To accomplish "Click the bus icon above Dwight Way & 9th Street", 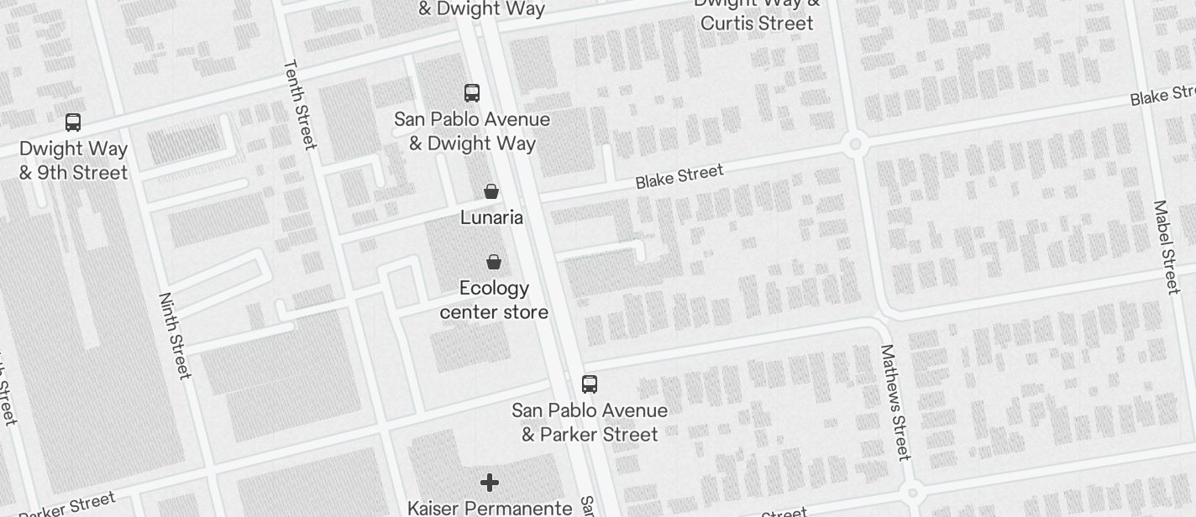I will pyautogui.click(x=73, y=123).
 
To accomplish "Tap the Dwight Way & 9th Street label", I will pyautogui.click(x=74, y=161).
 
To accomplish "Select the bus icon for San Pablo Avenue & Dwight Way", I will pyautogui.click(x=472, y=93).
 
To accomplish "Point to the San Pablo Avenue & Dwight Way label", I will pyautogui.click(x=472, y=132).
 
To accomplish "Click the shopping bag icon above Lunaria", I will pyautogui.click(x=491, y=191).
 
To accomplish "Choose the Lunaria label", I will pyautogui.click(x=491, y=218).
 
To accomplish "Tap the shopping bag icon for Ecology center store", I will pyautogui.click(x=494, y=262).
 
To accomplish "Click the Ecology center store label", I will pyautogui.click(x=494, y=300).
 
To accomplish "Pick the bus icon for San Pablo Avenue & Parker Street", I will pyautogui.click(x=590, y=384).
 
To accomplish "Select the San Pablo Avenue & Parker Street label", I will pyautogui.click(x=590, y=422).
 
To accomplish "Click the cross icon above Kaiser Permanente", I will pyautogui.click(x=490, y=483).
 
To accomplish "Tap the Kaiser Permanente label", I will pyautogui.click(x=490, y=508).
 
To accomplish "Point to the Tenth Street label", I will pyautogui.click(x=300, y=104).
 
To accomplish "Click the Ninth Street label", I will pyautogui.click(x=176, y=336).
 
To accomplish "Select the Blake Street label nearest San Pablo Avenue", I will pyautogui.click(x=679, y=177).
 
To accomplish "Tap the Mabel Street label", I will pyautogui.click(x=1167, y=247).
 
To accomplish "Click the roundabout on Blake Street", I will pyautogui.click(x=855, y=144).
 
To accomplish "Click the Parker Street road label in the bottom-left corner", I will pyautogui.click(x=67, y=505).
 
